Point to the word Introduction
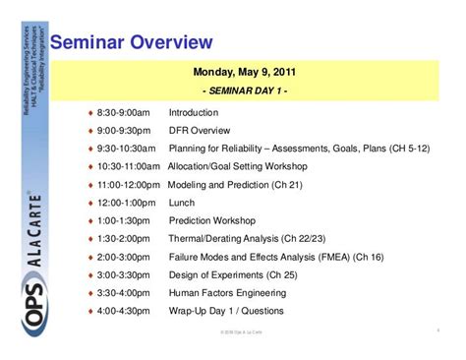[x=194, y=112]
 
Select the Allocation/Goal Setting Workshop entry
[x=238, y=167]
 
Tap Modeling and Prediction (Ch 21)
[x=229, y=185]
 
